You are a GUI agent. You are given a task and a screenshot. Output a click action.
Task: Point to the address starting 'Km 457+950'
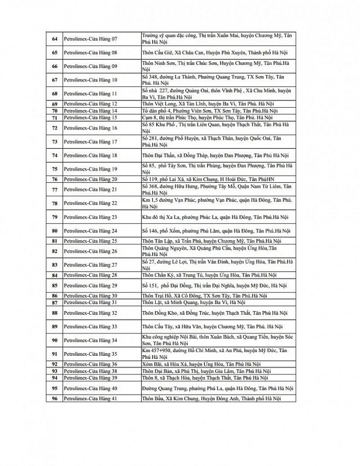click(x=217, y=354)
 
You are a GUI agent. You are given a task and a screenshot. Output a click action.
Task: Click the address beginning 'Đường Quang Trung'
click(x=217, y=388)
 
